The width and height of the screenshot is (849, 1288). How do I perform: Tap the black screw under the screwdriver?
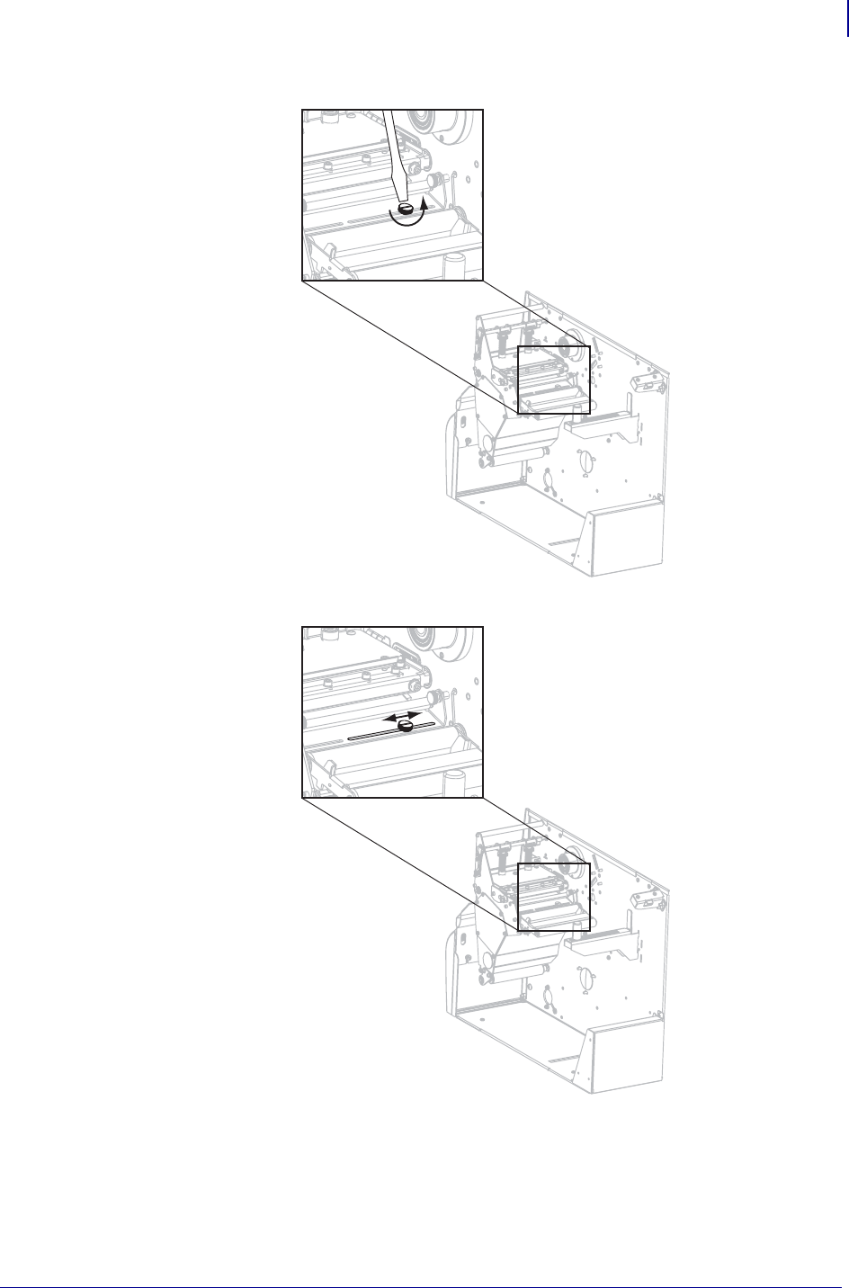406,209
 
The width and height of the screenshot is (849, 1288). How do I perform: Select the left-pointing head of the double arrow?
384,720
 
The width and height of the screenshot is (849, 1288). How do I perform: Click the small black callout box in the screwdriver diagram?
553,379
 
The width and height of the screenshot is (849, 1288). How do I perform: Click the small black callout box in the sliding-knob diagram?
553,896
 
